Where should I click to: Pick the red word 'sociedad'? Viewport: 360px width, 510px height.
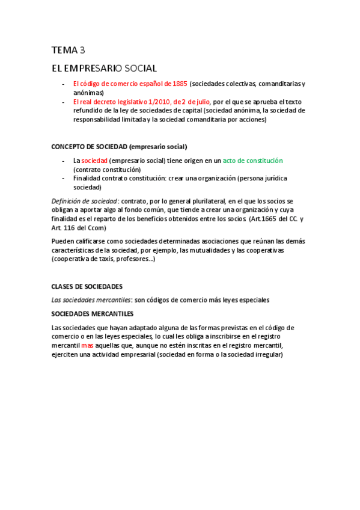[94, 161]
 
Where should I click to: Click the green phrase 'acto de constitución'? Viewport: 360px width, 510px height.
[252, 161]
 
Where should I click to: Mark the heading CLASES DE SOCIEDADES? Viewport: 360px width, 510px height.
[87, 286]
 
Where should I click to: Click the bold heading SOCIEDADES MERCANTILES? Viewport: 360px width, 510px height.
[93, 313]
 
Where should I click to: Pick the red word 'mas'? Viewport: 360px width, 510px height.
[87, 346]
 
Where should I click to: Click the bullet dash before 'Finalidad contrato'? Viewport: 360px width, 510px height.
[64, 179]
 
